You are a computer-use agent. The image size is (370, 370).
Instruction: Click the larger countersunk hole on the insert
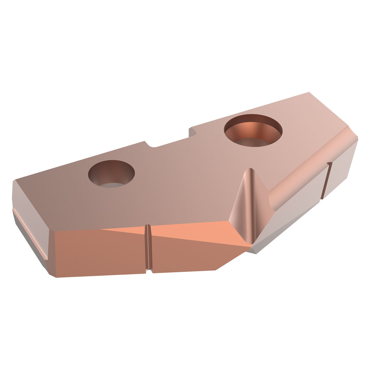(253, 130)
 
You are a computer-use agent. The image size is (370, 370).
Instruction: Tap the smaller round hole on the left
(111, 173)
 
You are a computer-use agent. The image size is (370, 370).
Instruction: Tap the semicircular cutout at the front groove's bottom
(149, 271)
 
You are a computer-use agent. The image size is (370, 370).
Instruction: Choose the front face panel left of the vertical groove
(98, 251)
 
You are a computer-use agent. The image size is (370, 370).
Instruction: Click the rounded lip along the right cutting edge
(306, 171)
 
